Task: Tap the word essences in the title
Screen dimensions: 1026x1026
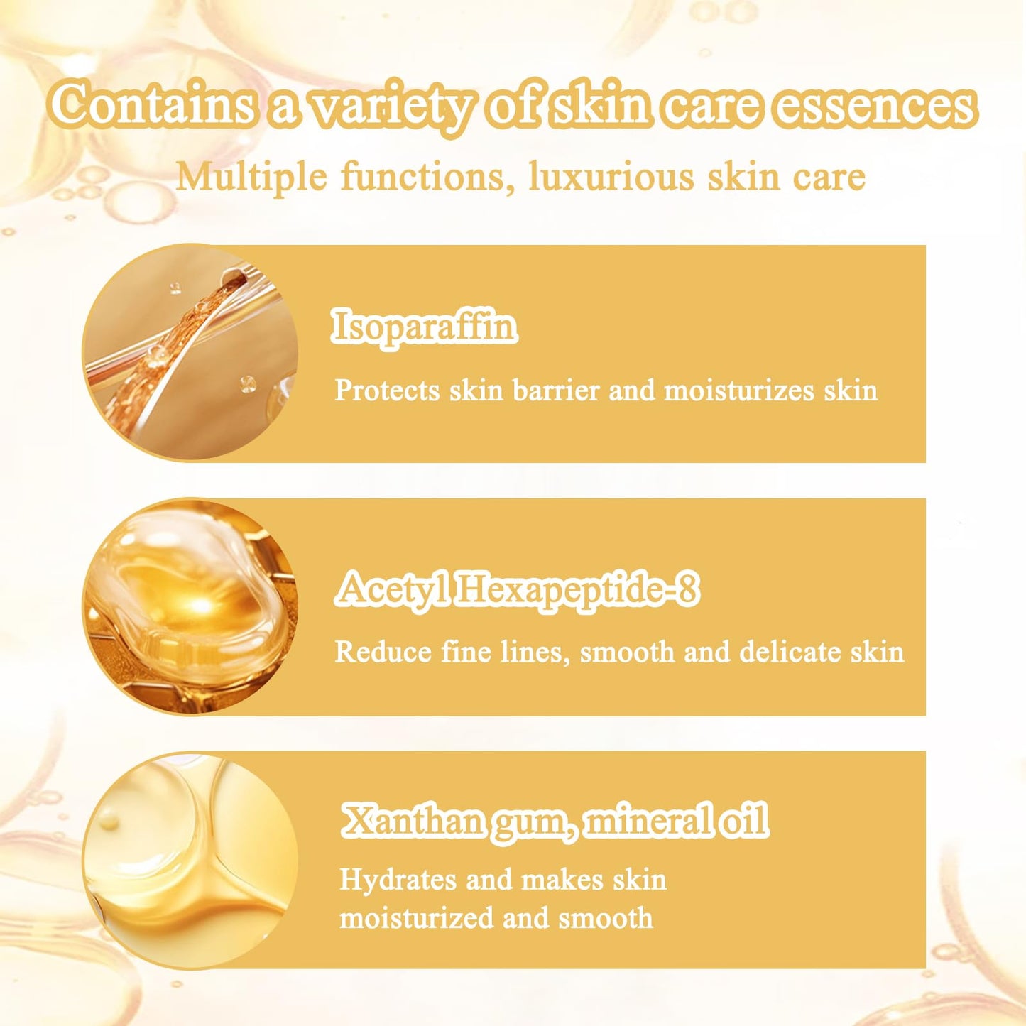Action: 874,107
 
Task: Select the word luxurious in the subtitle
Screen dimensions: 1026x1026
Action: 611,177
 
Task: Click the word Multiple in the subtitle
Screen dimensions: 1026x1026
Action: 252,177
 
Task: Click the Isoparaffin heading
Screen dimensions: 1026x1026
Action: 424,327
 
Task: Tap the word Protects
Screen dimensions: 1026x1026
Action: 387,391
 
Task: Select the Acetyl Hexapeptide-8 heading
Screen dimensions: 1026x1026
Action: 518,589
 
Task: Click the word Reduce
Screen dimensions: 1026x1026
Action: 383,652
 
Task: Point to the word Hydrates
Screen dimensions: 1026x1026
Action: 398,880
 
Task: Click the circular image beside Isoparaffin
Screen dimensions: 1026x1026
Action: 190,353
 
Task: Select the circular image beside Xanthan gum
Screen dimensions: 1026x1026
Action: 190,861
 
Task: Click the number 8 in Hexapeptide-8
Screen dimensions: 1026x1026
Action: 687,589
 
